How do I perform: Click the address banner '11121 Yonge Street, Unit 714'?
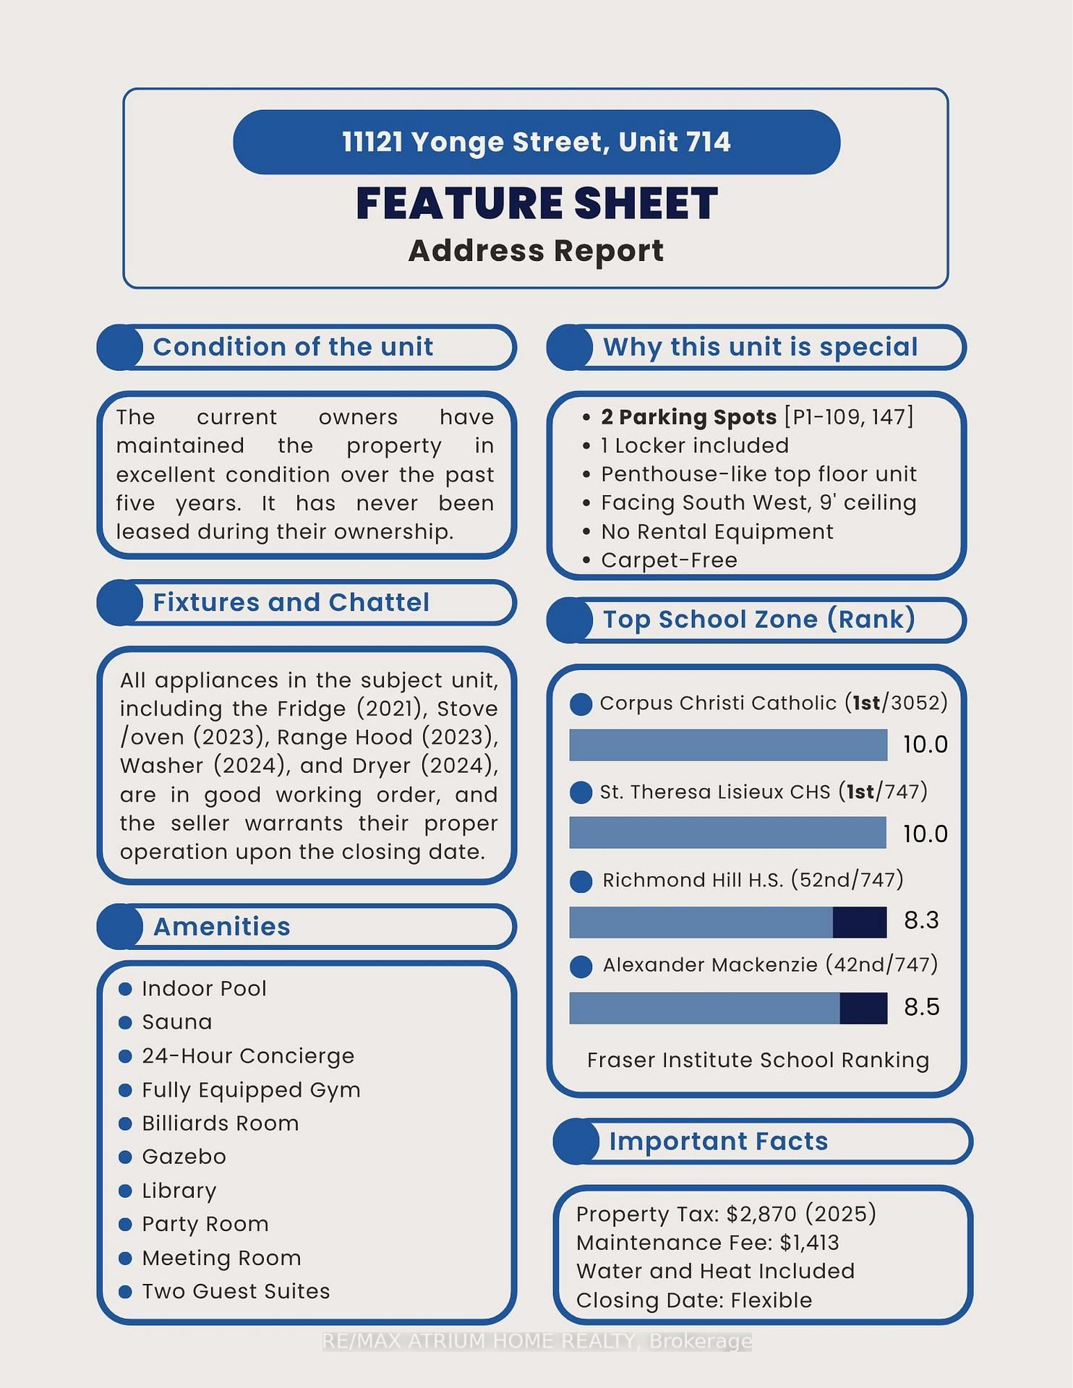click(536, 142)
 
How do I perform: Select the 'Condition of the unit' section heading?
click(293, 347)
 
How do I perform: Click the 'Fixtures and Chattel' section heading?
click(291, 602)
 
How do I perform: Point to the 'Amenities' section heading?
click(221, 926)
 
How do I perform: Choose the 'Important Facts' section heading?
click(718, 1141)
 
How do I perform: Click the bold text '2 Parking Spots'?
click(688, 417)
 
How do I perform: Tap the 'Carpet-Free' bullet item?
click(669, 560)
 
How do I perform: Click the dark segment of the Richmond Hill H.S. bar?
click(859, 922)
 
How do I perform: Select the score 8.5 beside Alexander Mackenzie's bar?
click(921, 1007)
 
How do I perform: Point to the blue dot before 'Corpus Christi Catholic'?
click(581, 704)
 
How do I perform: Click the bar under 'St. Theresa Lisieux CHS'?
click(727, 833)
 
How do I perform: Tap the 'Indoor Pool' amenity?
click(204, 988)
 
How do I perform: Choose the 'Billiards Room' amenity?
click(220, 1123)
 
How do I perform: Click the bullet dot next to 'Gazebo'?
click(125, 1157)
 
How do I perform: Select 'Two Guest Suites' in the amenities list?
click(236, 1291)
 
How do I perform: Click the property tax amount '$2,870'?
click(761, 1214)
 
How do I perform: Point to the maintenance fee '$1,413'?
click(809, 1243)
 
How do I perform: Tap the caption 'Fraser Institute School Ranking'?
click(758, 1060)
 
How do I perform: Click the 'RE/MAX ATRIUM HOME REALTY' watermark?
click(536, 1342)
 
